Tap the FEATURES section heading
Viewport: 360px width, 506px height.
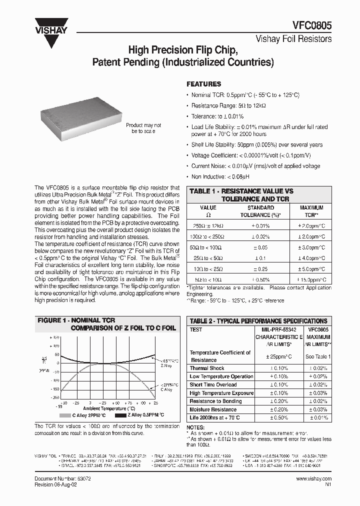(203, 84)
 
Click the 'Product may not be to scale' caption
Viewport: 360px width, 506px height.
(143, 128)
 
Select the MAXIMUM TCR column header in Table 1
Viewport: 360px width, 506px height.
(311, 210)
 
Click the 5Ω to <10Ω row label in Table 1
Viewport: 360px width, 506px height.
(208, 279)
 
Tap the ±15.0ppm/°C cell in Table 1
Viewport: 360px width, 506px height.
(311, 279)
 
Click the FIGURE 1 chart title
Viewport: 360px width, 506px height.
(107, 323)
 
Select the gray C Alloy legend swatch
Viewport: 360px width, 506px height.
(65, 415)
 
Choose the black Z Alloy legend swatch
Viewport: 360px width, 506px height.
(120, 415)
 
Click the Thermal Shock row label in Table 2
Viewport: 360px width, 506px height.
(207, 368)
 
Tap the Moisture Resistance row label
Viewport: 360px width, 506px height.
(213, 409)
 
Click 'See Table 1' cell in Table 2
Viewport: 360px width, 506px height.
(318, 356)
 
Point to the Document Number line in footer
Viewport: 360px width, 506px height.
(62, 478)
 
